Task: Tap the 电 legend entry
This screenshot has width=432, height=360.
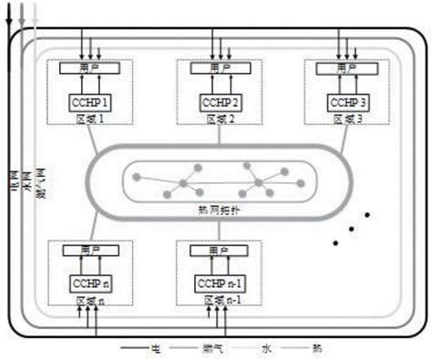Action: point(155,347)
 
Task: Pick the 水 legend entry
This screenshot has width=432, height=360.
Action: point(265,347)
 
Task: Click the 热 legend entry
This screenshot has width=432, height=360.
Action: point(317,347)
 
